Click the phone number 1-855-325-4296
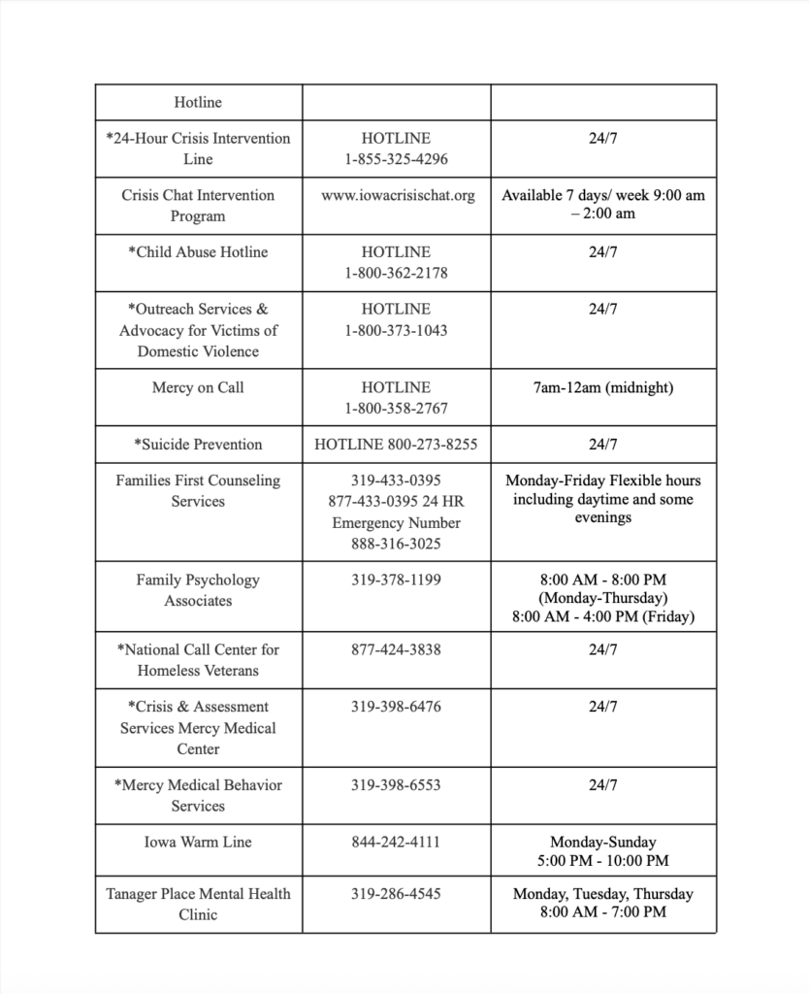tap(396, 159)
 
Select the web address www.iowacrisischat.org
tap(398, 195)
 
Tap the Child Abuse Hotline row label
tap(198, 252)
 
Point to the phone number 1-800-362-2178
tap(396, 273)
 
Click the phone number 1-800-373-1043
tap(396, 330)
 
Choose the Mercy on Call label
tap(198, 387)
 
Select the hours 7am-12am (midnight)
tap(602, 387)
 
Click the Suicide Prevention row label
tap(198, 445)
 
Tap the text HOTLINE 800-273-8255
tap(396, 445)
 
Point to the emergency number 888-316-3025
tap(396, 544)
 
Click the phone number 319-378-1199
tap(396, 580)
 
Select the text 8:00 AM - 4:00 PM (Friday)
tap(602, 616)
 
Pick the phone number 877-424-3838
tap(396, 649)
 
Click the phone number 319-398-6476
tap(396, 707)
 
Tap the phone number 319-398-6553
tap(396, 785)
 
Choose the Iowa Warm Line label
tap(198, 843)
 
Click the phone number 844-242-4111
tap(396, 843)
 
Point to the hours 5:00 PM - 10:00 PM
tap(602, 861)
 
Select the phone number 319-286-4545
tap(396, 894)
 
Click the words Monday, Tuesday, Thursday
tap(602, 894)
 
